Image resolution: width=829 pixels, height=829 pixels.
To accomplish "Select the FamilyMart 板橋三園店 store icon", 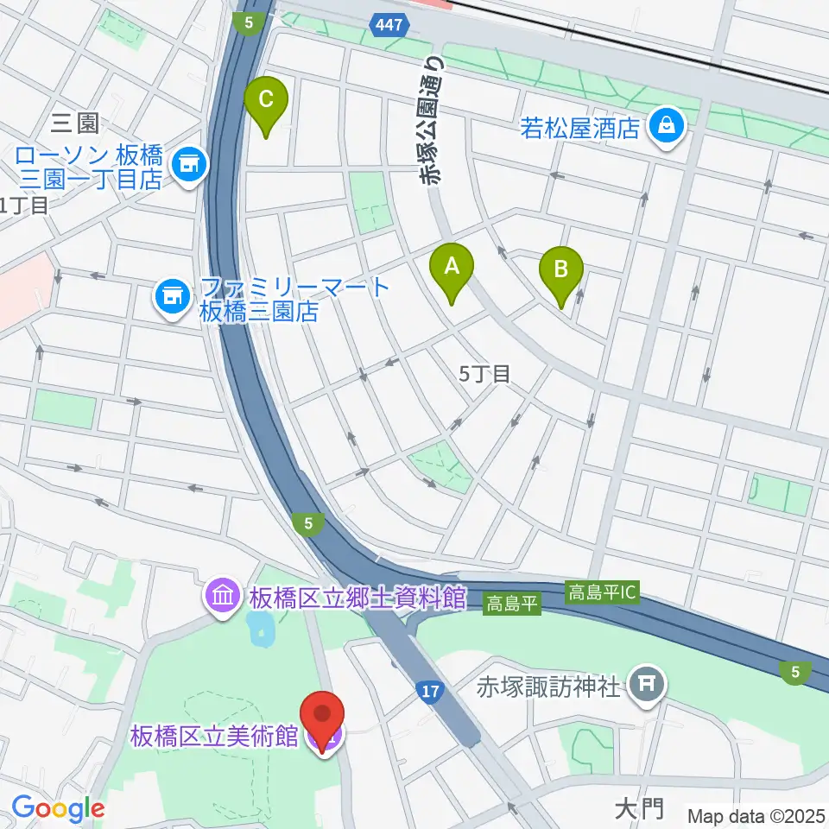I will (x=172, y=298).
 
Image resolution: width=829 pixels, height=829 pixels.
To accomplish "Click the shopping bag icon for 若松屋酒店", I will (x=668, y=128).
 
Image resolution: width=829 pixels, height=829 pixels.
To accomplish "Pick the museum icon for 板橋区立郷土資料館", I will (x=223, y=596).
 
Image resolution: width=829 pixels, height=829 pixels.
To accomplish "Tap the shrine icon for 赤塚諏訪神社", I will (x=646, y=687).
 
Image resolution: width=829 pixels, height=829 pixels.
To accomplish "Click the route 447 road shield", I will (x=389, y=26).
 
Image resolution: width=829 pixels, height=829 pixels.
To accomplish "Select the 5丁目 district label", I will (x=484, y=374).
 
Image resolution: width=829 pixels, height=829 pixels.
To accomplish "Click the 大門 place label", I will (x=638, y=808).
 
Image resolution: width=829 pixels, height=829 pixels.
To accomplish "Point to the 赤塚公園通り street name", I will (x=431, y=121).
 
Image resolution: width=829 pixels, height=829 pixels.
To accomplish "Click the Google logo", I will (x=58, y=808).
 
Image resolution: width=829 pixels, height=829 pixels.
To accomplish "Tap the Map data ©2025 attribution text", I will (x=756, y=814).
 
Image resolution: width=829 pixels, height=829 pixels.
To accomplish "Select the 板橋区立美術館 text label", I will (x=214, y=737).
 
